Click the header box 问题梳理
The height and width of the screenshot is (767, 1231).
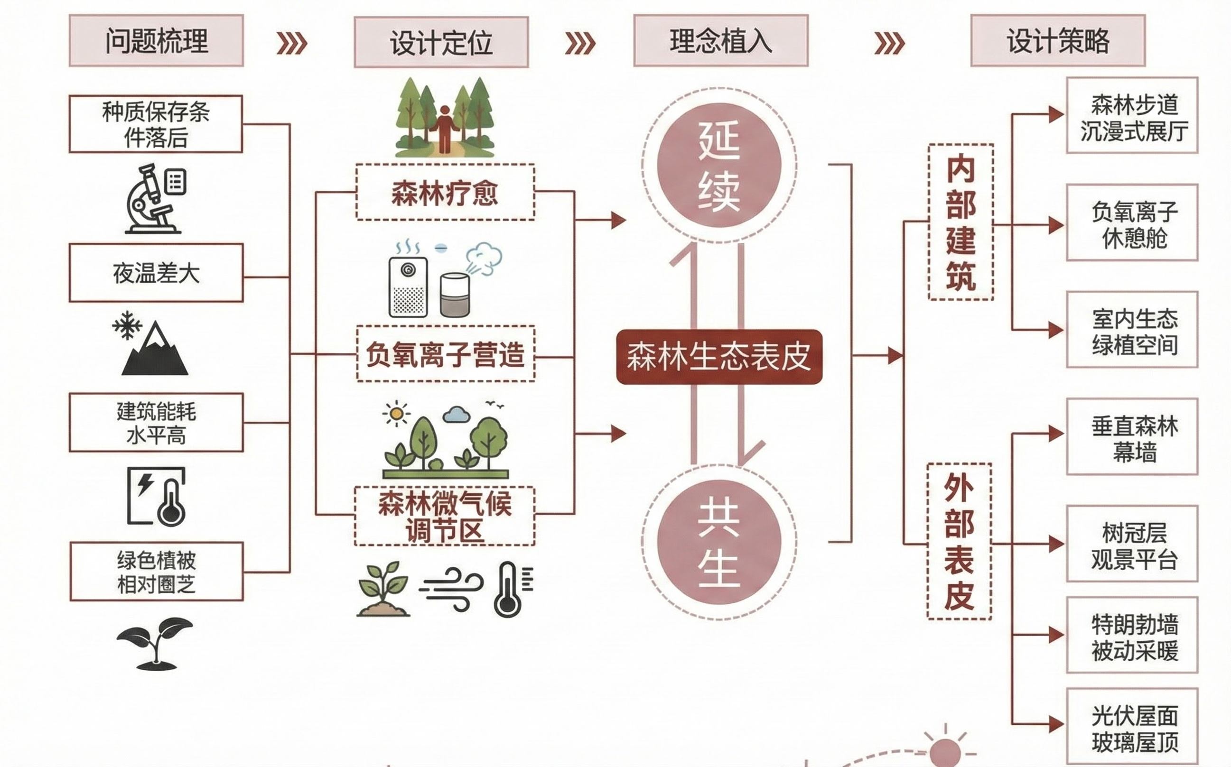point(156,41)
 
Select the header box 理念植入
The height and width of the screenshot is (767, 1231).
point(720,41)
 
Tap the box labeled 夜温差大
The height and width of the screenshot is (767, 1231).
point(156,273)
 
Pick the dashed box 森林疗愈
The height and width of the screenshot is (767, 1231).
point(445,192)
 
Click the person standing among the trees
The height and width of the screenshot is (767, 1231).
point(445,129)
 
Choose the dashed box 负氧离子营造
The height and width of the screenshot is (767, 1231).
point(445,353)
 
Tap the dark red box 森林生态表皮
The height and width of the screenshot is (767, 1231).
point(718,357)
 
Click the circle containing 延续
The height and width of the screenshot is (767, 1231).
point(718,166)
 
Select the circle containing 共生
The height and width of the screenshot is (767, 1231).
point(718,541)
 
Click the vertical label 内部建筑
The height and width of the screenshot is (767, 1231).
point(960,222)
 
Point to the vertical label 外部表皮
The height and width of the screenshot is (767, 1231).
point(959,541)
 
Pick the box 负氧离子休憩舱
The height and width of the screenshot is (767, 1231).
point(1131,223)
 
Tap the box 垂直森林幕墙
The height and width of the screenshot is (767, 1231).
point(1131,437)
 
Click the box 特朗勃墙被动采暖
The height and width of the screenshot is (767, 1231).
point(1131,635)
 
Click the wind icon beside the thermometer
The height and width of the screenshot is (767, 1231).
point(450,589)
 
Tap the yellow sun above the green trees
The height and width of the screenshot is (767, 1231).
point(396,414)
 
